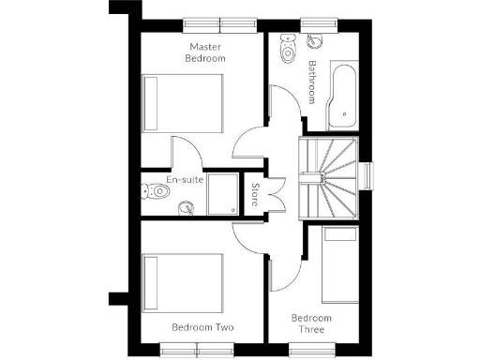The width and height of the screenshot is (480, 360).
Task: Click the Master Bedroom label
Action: point(207,52)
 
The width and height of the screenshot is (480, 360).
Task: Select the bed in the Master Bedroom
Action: point(184,104)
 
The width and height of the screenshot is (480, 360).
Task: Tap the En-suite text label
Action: point(185,178)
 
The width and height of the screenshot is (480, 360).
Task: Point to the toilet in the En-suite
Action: point(155,191)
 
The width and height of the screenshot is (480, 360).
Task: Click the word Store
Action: point(255,195)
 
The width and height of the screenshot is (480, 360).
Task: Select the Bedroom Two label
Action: point(202,327)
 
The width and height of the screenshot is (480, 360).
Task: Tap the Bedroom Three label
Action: point(311,323)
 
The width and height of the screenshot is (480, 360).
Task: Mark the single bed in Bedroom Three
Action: point(339,267)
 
